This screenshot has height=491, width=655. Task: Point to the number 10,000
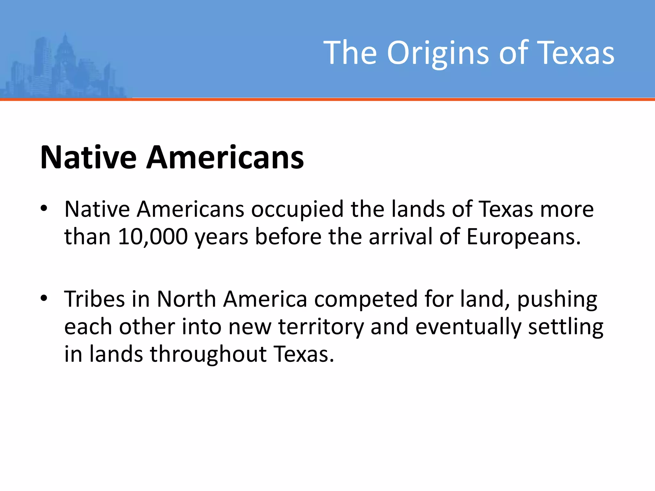pyautogui.click(x=153, y=237)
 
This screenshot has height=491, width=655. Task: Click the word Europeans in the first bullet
pyautogui.click(x=523, y=237)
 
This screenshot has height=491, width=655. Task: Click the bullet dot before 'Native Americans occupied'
pyautogui.click(x=44, y=209)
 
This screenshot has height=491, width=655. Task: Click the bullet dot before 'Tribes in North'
pyautogui.click(x=44, y=299)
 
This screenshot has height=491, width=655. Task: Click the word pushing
pyautogui.click(x=557, y=300)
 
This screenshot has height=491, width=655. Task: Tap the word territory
pyautogui.click(x=321, y=327)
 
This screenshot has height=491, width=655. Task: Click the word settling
pyautogui.click(x=565, y=327)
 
